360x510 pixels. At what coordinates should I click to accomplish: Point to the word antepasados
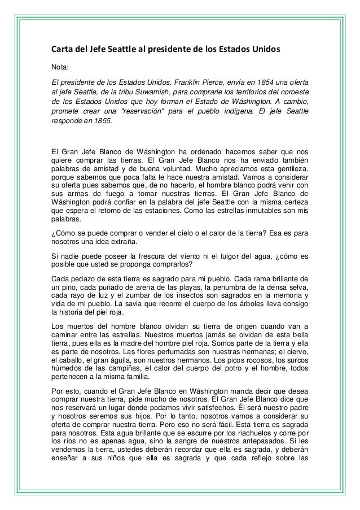coord(251,449)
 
